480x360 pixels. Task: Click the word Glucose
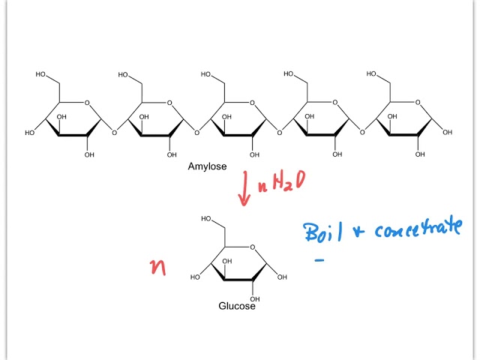(x=237, y=306)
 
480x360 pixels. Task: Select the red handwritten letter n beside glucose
(x=158, y=268)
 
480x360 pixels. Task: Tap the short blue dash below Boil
(x=319, y=261)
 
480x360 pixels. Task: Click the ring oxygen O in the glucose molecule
(x=252, y=247)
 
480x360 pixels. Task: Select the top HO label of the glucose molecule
(x=208, y=218)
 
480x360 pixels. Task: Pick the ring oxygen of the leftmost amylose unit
(x=86, y=103)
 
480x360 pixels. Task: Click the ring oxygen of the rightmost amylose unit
(x=417, y=103)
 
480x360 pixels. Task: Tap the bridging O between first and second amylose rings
(x=114, y=133)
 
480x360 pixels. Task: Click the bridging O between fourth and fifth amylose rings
(x=361, y=133)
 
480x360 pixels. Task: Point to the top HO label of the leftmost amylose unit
(x=42, y=75)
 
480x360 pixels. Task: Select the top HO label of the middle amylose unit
(x=207, y=75)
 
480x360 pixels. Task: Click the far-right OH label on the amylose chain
(x=448, y=133)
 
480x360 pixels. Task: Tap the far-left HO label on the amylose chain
(x=30, y=133)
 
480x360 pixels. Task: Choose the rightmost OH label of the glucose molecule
(x=282, y=277)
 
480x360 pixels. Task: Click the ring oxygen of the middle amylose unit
(x=252, y=103)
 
